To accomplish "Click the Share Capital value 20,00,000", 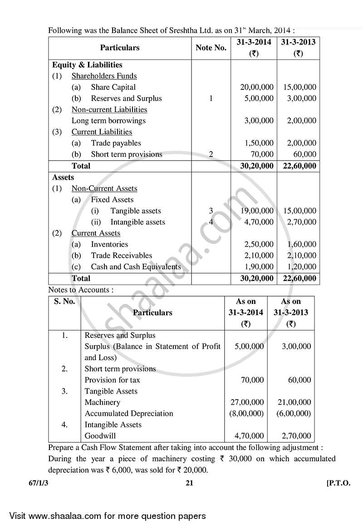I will (256, 87).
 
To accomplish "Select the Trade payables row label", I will (116, 143).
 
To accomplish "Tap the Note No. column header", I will (211, 48).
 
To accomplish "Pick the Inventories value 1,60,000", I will (298, 244).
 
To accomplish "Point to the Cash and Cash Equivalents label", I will (136, 267).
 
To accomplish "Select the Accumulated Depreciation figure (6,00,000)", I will (293, 414).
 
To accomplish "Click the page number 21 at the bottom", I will (190, 484).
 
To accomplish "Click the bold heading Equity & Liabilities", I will (87, 65).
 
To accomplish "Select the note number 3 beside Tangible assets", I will (211, 211).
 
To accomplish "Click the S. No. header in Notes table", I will (64, 302).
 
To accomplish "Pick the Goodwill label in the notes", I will (99, 436).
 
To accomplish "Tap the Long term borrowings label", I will (108, 121).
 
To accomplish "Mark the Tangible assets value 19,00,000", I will (256, 211).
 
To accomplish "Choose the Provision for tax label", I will (112, 380).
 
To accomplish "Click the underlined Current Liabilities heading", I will (102, 132).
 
